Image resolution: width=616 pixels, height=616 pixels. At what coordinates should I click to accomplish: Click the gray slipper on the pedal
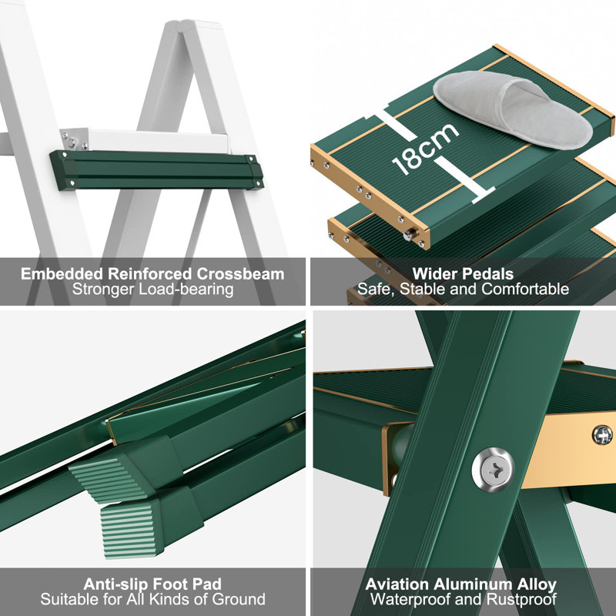(x=512, y=107)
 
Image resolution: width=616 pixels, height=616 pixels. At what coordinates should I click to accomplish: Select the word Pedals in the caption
(x=489, y=273)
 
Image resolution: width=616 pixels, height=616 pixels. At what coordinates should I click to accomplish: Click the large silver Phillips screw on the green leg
(x=493, y=464)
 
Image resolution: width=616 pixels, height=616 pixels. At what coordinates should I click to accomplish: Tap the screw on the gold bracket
(x=602, y=435)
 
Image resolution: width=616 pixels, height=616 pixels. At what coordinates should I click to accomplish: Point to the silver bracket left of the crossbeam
(x=75, y=139)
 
